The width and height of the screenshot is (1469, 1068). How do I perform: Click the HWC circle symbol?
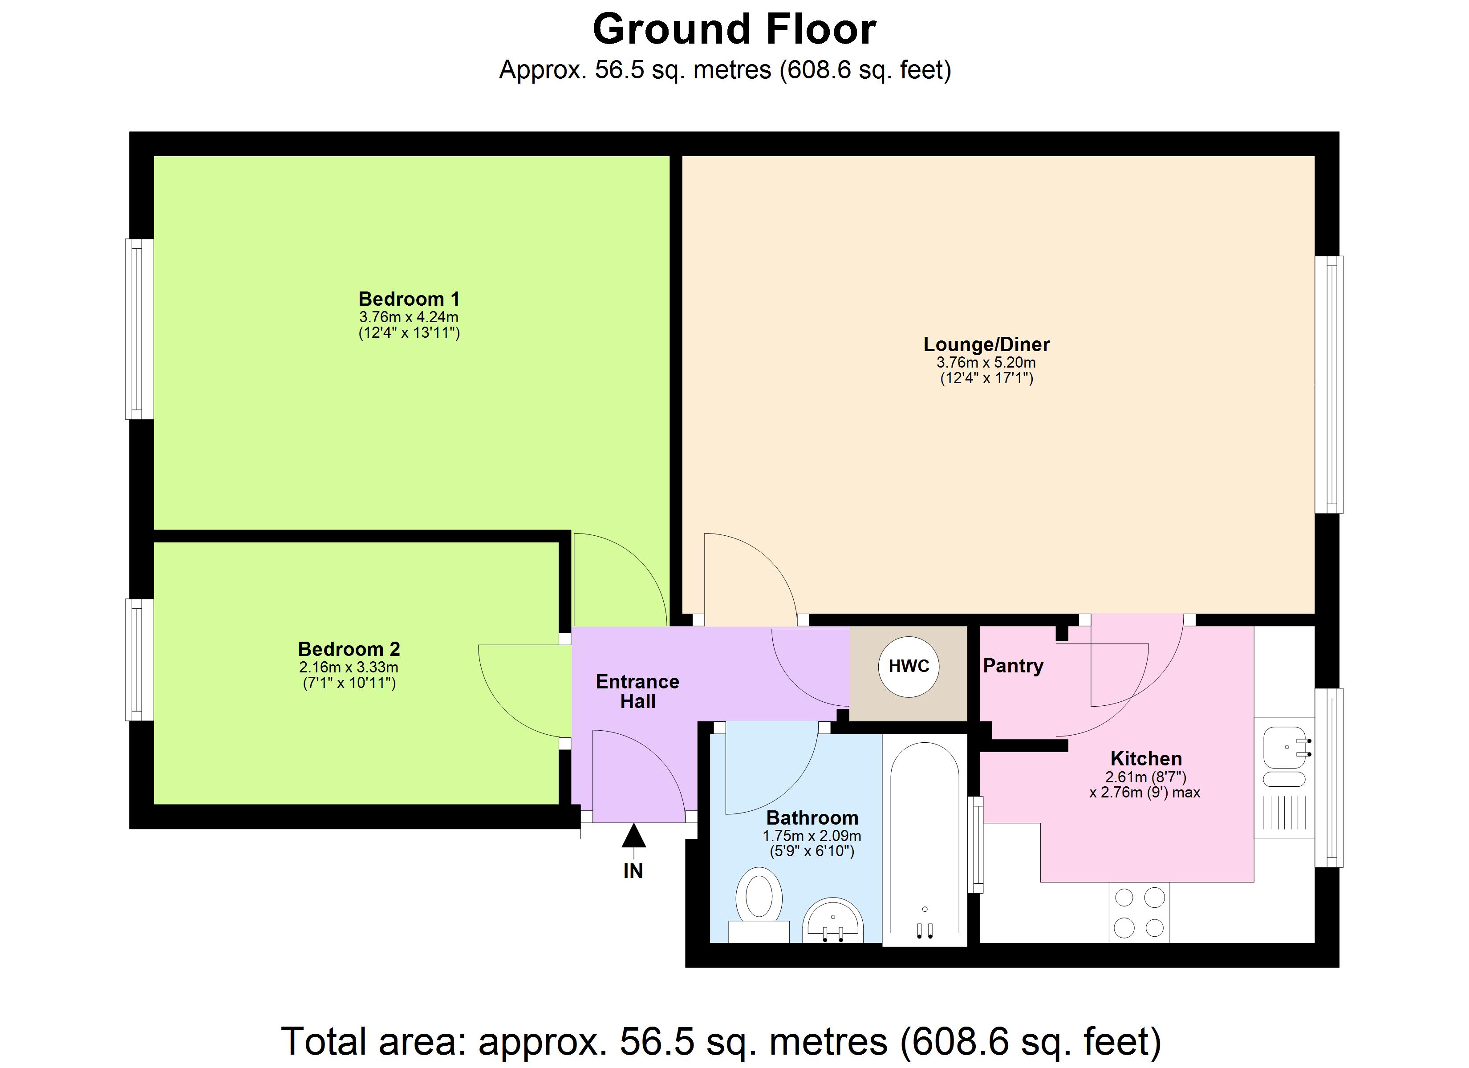908,667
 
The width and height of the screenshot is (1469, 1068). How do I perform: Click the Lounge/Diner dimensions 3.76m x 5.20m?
986,363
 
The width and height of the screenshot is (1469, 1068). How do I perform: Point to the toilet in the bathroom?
759,897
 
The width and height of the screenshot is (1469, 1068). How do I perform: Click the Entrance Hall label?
637,691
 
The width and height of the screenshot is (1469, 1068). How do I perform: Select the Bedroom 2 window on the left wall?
138,659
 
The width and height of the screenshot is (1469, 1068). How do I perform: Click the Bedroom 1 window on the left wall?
138,329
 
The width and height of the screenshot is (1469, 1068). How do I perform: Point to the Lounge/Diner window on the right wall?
1329,385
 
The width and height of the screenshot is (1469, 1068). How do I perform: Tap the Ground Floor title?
734,30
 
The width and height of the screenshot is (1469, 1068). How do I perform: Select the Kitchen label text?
1146,758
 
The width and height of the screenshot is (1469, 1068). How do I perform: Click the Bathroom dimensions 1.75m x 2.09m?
812,836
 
